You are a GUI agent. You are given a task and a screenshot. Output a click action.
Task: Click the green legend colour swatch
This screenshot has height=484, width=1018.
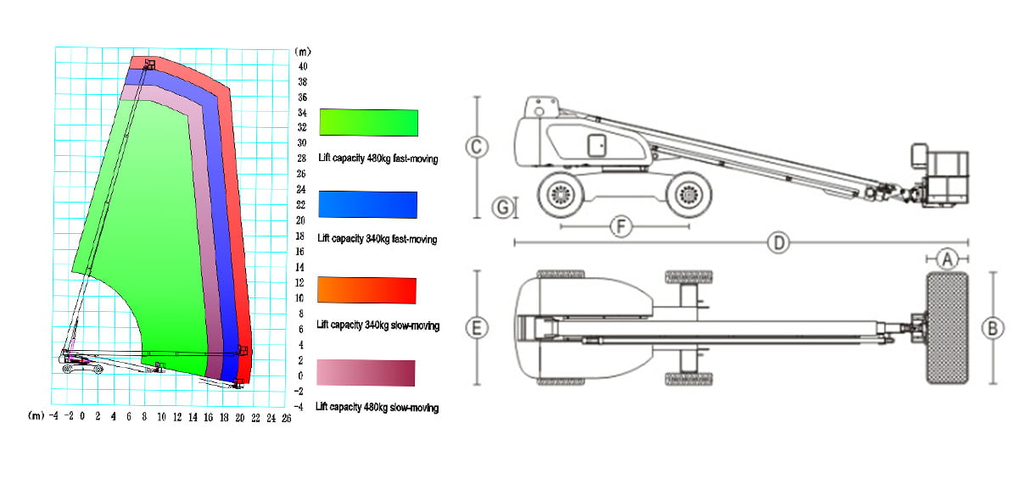pos(368,122)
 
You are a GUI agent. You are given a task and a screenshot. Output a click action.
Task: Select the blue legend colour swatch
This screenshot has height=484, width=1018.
pos(367,205)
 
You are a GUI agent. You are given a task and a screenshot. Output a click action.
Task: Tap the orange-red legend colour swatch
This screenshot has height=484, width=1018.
pos(366,290)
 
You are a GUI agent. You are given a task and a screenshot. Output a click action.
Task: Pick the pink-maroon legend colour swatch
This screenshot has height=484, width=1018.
pos(366,373)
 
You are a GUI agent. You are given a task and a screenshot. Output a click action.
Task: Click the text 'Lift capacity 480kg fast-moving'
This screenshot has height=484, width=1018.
pos(378,158)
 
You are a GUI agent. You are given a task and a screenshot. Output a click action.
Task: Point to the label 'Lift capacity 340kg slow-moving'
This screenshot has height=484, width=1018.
pos(378,325)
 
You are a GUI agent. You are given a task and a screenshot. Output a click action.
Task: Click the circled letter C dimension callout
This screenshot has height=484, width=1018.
pos(477,147)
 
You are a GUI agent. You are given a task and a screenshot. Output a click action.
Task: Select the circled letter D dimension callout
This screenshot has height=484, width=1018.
pos(779,243)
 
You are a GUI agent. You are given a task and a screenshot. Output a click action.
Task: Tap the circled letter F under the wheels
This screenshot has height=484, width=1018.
pos(621,226)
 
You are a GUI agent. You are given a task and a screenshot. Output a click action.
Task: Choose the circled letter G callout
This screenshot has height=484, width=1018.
pos(503,208)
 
